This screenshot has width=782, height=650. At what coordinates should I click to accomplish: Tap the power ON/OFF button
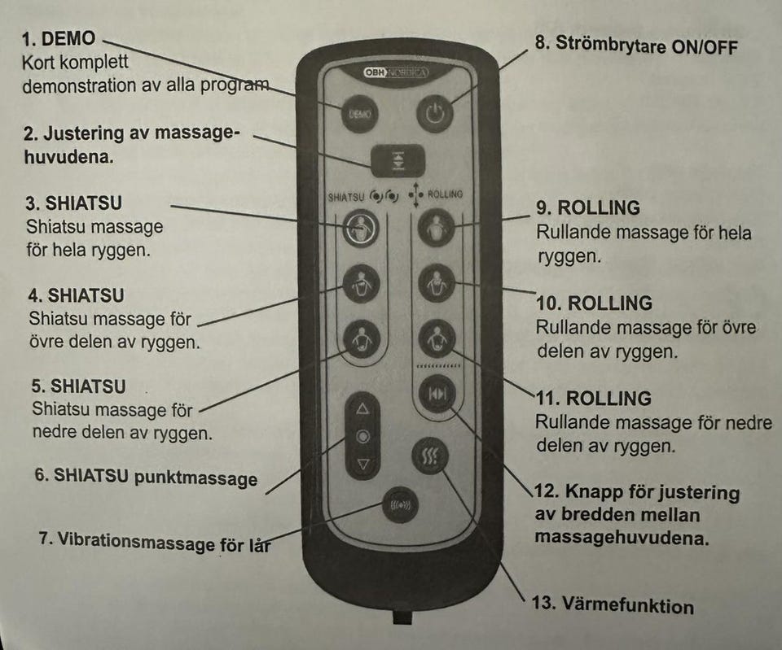(x=436, y=113)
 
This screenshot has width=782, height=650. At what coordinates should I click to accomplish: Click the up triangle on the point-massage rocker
(x=363, y=409)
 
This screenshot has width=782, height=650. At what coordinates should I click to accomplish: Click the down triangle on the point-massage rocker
(x=363, y=465)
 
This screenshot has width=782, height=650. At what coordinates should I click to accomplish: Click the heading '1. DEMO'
(x=59, y=38)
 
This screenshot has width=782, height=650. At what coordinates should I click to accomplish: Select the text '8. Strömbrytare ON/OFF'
(x=635, y=45)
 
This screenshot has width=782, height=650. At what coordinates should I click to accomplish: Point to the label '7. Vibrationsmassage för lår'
(x=155, y=541)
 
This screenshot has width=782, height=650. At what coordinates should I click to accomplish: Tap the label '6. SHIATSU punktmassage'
(x=146, y=476)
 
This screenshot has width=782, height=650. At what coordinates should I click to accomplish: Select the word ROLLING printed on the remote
(x=445, y=194)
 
